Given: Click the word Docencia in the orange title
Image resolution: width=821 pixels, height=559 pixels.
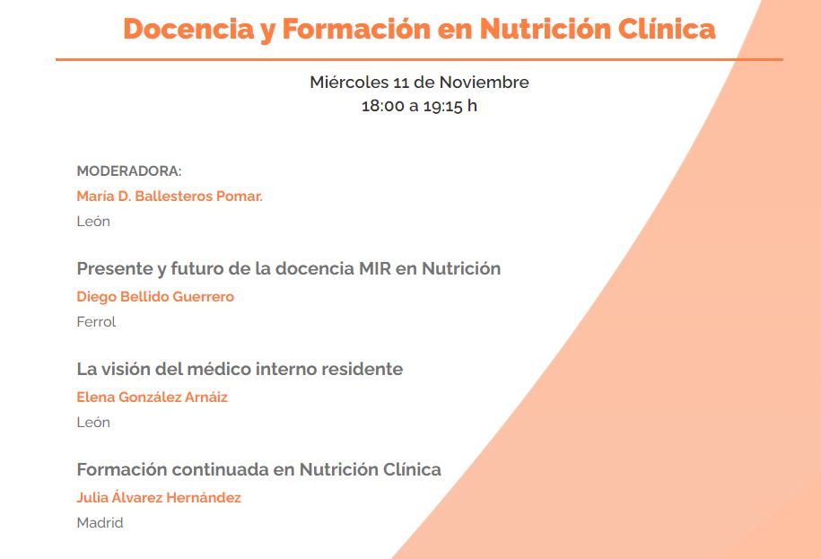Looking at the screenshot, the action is click(189, 29).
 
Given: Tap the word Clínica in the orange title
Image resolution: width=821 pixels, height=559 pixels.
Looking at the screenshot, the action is click(666, 29).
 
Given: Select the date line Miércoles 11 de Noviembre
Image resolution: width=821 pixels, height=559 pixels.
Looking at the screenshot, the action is click(419, 83).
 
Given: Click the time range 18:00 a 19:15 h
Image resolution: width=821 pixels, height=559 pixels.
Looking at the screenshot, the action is click(419, 106).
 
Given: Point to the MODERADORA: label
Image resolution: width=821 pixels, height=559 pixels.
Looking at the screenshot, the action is click(129, 171).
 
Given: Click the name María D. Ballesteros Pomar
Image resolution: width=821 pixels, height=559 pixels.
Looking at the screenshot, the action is click(170, 197).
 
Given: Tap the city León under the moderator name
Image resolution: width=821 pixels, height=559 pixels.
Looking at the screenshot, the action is click(93, 222).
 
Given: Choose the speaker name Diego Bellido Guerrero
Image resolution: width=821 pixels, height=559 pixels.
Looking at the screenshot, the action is click(155, 297).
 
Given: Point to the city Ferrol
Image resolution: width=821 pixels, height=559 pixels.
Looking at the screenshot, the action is click(96, 322).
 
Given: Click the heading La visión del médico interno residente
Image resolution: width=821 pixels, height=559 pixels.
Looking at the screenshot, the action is click(240, 369).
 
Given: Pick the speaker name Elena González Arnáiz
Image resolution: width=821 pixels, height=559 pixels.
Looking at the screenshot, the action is click(153, 397).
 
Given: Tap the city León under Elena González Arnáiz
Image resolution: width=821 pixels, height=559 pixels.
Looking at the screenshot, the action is click(93, 423).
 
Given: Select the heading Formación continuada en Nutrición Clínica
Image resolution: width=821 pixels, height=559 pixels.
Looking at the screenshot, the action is click(258, 469).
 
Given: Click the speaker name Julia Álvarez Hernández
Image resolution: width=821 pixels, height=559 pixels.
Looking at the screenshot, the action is click(159, 497).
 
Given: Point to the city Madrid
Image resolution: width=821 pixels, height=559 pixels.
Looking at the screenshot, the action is click(100, 523).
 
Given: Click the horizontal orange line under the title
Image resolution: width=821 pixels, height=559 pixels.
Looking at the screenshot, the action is click(419, 59).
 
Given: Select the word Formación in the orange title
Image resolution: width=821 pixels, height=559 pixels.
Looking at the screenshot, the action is click(357, 29).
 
